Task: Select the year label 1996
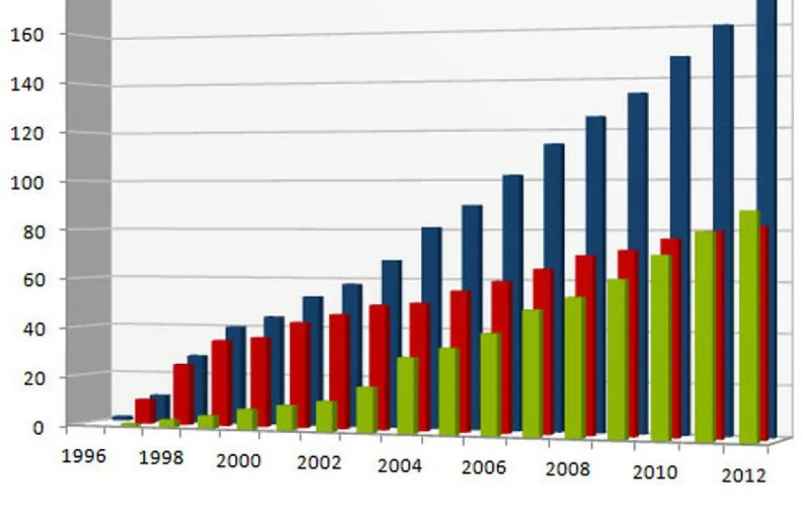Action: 84,455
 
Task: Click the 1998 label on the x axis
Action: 161,458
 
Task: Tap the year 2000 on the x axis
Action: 238,461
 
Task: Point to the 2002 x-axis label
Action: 319,463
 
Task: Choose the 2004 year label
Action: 399,466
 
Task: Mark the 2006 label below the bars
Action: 483,468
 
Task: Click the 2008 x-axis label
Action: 567,469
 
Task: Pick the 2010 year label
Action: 655,472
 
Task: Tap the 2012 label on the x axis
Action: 743,476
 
